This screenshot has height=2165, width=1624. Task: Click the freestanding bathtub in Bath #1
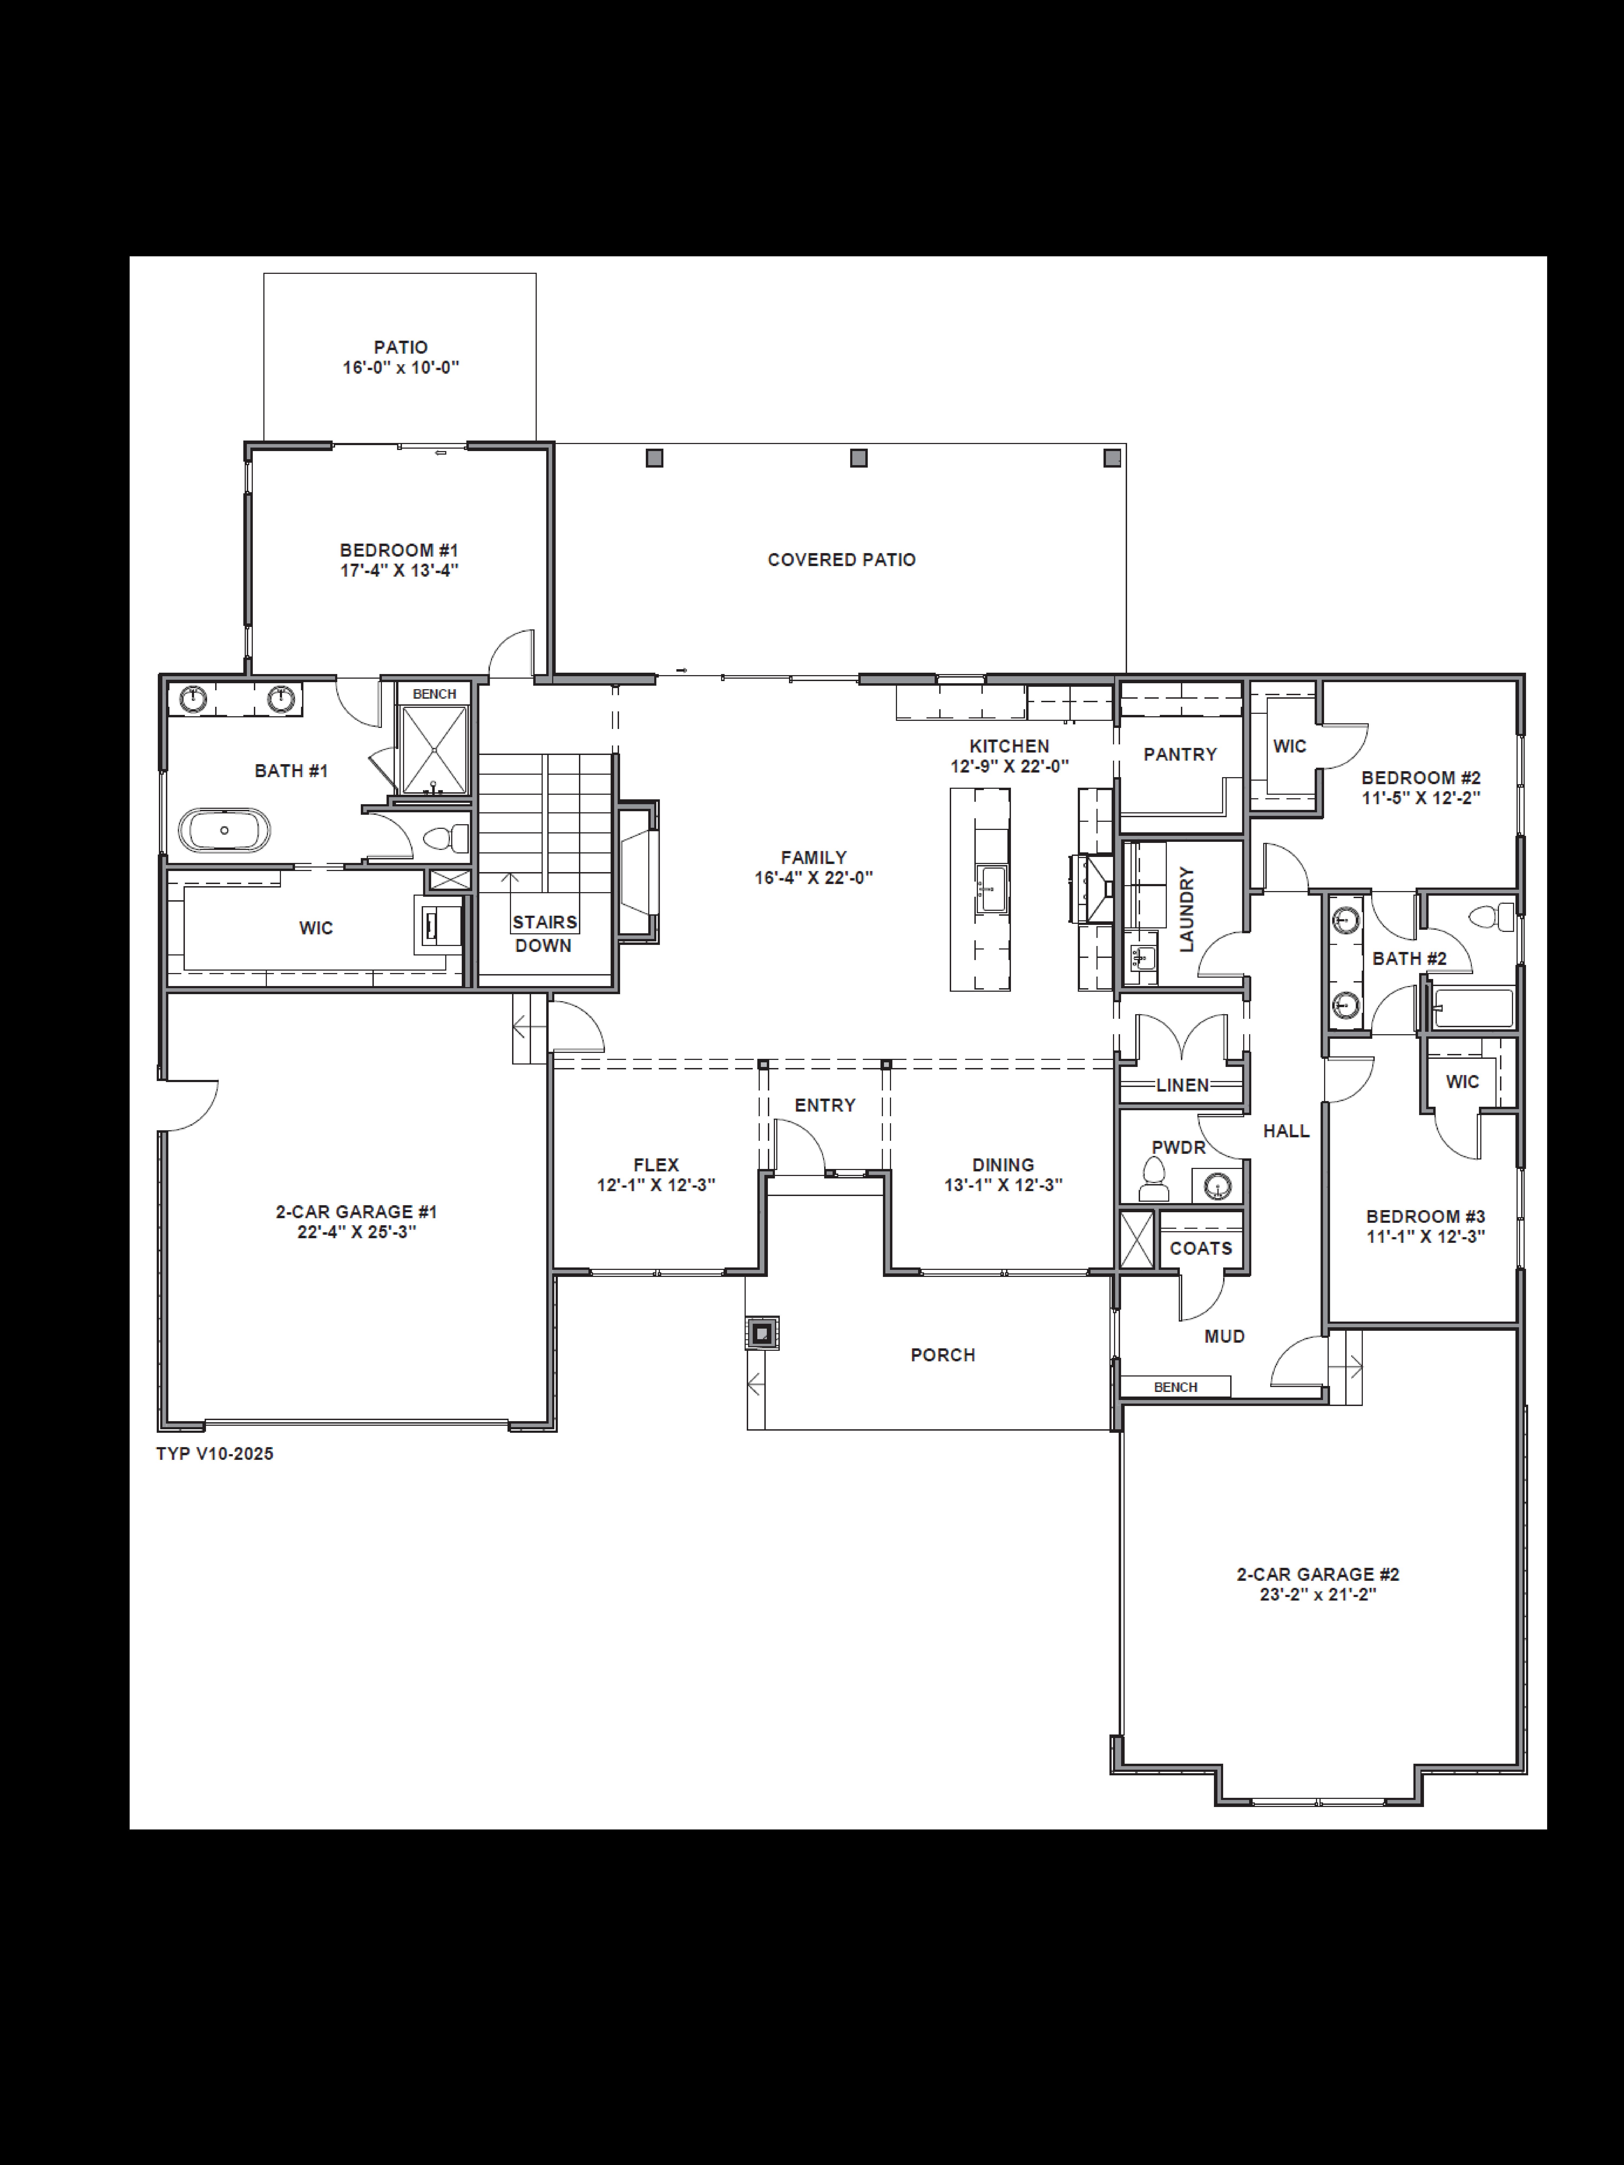(224, 830)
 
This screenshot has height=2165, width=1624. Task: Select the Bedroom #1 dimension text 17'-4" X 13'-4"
(400, 571)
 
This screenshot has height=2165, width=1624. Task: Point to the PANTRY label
(1180, 755)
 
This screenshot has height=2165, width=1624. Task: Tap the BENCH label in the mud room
(1175, 1387)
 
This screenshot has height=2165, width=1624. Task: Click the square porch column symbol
(762, 1333)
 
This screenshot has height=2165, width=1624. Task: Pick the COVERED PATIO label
(841, 560)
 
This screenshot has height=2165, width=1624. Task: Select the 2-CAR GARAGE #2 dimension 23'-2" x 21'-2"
(1318, 1594)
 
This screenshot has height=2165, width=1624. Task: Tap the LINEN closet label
(1183, 1085)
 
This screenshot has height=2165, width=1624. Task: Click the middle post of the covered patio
(859, 458)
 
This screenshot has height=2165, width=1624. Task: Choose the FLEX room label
(656, 1165)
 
